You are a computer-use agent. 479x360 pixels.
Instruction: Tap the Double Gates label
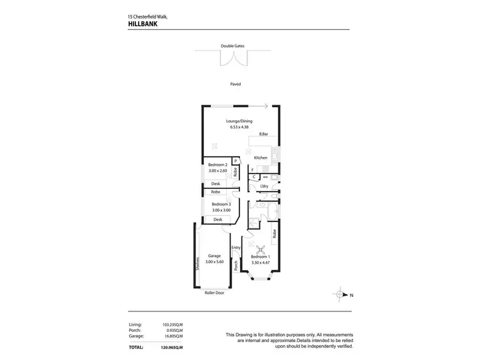click(x=232, y=46)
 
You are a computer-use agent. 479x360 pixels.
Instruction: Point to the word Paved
click(x=236, y=84)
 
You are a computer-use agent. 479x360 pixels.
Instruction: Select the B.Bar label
click(x=262, y=134)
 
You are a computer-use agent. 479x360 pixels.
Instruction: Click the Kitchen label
click(x=261, y=158)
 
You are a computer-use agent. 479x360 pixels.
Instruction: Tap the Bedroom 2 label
click(x=218, y=165)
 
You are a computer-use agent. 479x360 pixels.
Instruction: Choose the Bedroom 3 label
click(x=221, y=204)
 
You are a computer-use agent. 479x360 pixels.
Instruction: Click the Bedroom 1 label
click(x=260, y=256)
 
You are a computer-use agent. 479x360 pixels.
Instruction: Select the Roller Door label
click(x=214, y=293)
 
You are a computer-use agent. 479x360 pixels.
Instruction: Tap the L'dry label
click(x=263, y=186)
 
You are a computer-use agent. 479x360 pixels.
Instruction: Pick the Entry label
click(x=236, y=248)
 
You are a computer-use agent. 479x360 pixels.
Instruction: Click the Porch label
click(x=236, y=266)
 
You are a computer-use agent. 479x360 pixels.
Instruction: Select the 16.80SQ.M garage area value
click(x=173, y=336)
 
